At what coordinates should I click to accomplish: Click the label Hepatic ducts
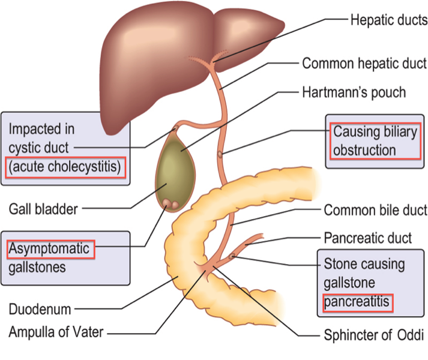[x=389, y=20]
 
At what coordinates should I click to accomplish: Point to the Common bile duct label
[x=375, y=210]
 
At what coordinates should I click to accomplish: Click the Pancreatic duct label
[x=367, y=238]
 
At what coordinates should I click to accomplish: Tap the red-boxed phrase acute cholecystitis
[x=65, y=167]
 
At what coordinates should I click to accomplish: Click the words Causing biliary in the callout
[x=375, y=132]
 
